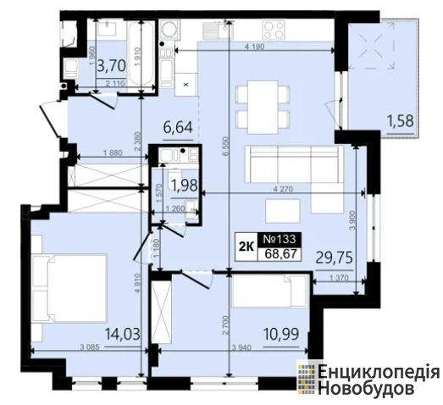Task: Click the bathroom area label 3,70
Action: click(x=111, y=66)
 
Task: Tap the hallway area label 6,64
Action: click(x=178, y=127)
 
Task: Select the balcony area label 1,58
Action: click(x=401, y=120)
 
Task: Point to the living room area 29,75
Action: click(x=335, y=258)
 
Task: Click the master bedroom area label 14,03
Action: click(x=123, y=334)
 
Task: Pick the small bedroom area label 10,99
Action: click(x=281, y=335)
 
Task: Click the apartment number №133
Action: click(x=280, y=239)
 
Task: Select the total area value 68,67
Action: click(x=281, y=253)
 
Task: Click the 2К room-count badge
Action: click(x=246, y=247)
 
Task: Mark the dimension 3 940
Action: click(x=241, y=347)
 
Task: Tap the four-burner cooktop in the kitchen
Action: click(x=274, y=30)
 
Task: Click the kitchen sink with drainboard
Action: click(x=218, y=31)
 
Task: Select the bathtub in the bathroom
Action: click(x=141, y=53)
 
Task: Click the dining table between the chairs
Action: click(x=263, y=107)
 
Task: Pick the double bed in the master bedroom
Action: click(x=69, y=288)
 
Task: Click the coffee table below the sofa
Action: click(x=283, y=211)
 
